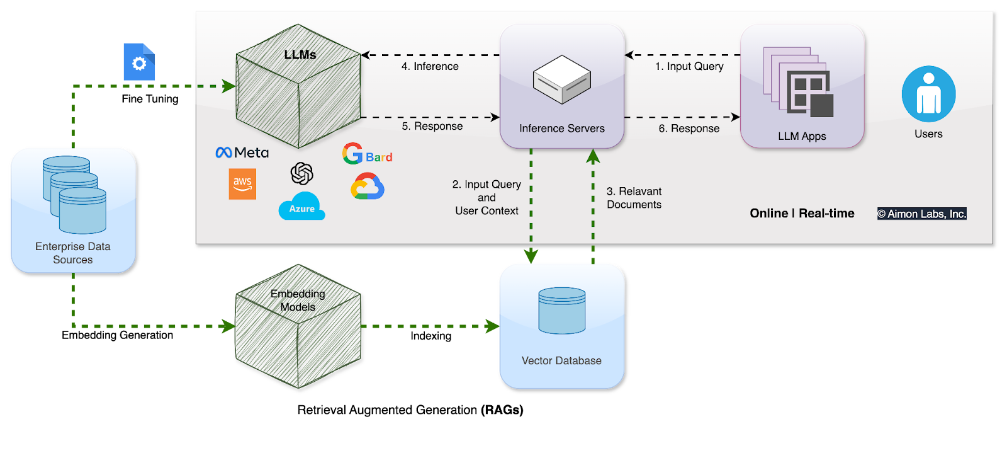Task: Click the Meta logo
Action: click(242, 152)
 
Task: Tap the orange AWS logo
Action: click(242, 184)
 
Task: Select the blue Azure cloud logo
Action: click(301, 207)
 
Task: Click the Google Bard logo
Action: click(368, 154)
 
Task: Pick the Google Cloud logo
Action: click(368, 187)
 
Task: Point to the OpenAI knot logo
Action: click(302, 173)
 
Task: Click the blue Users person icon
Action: click(928, 94)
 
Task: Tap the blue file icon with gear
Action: click(139, 62)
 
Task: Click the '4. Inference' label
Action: click(430, 66)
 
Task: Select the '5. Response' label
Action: click(432, 126)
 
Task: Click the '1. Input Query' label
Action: click(689, 66)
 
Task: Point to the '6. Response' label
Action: click(689, 129)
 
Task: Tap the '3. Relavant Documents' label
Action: click(634, 198)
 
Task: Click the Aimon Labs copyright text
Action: click(921, 214)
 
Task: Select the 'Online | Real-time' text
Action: click(802, 214)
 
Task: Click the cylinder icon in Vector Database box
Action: click(562, 311)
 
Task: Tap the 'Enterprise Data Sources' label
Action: click(73, 253)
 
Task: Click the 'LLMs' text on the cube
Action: click(300, 55)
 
